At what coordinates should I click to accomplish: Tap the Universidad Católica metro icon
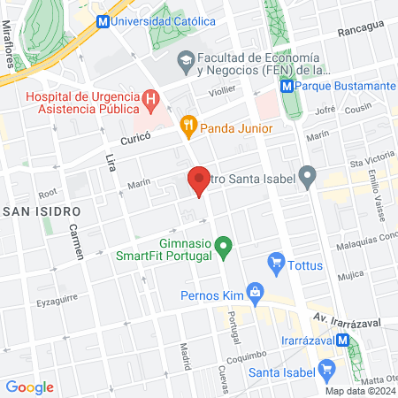(x=103, y=20)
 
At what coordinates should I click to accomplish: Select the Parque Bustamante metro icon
(x=287, y=87)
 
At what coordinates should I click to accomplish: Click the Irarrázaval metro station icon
(x=341, y=340)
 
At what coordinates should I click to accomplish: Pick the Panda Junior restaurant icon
(x=188, y=125)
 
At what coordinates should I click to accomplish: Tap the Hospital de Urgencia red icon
(x=151, y=99)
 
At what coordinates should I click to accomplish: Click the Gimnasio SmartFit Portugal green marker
(x=224, y=242)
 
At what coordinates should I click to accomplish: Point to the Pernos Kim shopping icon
(x=255, y=290)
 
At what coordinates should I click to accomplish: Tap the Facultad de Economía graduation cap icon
(x=186, y=62)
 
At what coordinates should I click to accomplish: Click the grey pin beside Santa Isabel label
(x=307, y=177)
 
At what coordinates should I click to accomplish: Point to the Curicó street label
(x=136, y=140)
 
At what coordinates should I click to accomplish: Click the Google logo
(x=30, y=387)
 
